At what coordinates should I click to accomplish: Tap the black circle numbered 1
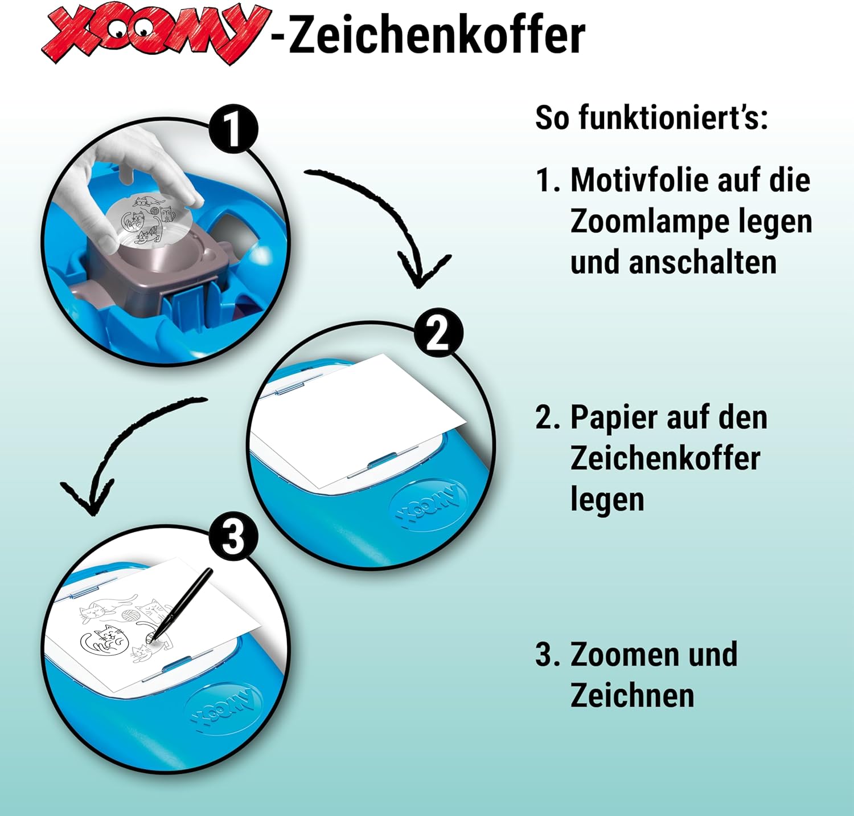point(233,130)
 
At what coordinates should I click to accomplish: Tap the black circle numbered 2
point(438,333)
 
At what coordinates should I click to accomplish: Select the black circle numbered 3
point(233,537)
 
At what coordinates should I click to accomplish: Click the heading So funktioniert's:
point(652,118)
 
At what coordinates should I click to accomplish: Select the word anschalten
point(702,263)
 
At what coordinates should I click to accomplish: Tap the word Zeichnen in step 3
point(633,696)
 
